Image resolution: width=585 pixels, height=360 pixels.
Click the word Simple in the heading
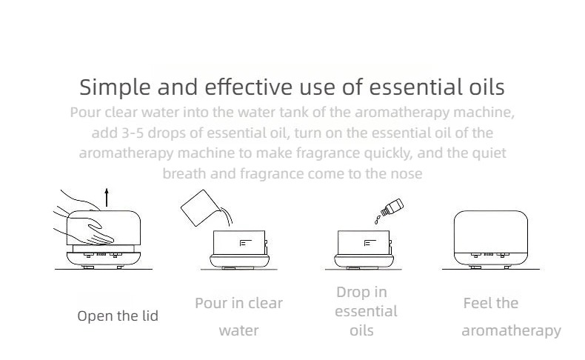pyautogui.click(x=115, y=87)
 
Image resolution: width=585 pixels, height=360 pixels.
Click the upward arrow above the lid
pyautogui.click(x=107, y=197)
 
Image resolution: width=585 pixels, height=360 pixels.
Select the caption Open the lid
pyautogui.click(x=118, y=316)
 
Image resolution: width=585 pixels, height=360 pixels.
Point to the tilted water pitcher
pyautogui.click(x=198, y=208)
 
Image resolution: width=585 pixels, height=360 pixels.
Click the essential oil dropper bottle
pyautogui.click(x=392, y=207)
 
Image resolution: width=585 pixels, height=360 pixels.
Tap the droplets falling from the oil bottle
pyautogui.click(x=377, y=220)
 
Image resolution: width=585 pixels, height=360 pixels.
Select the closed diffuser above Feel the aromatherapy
pyautogui.click(x=491, y=239)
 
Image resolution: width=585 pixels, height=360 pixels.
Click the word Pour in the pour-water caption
pyautogui.click(x=211, y=303)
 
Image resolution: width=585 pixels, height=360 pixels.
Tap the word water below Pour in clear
pyautogui.click(x=238, y=330)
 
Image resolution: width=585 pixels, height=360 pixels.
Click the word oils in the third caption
pyautogui.click(x=361, y=330)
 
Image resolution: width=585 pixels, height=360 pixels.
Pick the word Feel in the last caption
pyautogui.click(x=477, y=303)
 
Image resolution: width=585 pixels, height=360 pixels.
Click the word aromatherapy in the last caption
pyautogui.click(x=512, y=331)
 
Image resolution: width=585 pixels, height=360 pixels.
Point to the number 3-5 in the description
pyautogui.click(x=133, y=133)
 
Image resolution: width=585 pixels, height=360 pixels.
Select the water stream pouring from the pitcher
pyautogui.click(x=227, y=216)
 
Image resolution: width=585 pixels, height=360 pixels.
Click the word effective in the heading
pyautogui.click(x=249, y=87)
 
